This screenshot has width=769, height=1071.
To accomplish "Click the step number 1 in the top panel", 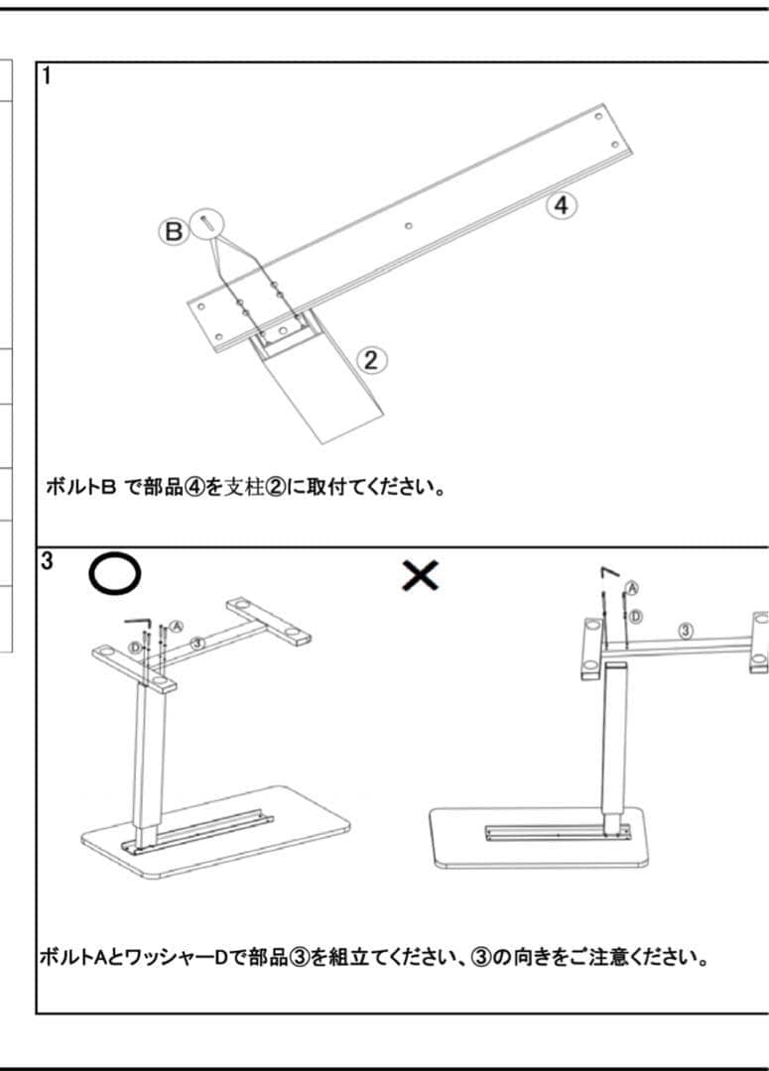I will pyautogui.click(x=46, y=76).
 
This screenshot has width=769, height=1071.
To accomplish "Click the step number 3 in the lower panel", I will pyautogui.click(x=47, y=561).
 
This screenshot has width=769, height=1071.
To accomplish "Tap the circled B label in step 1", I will pyautogui.click(x=173, y=233).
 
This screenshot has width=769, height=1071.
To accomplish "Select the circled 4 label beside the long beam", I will pyautogui.click(x=561, y=206).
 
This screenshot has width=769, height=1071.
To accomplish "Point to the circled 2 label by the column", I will pyautogui.click(x=371, y=360).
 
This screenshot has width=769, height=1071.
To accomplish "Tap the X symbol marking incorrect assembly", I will pyautogui.click(x=421, y=574).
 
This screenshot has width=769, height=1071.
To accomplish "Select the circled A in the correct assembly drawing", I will pyautogui.click(x=176, y=626).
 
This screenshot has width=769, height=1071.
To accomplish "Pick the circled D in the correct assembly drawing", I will pyautogui.click(x=135, y=649).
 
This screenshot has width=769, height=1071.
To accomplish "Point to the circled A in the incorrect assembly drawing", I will pyautogui.click(x=632, y=588).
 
